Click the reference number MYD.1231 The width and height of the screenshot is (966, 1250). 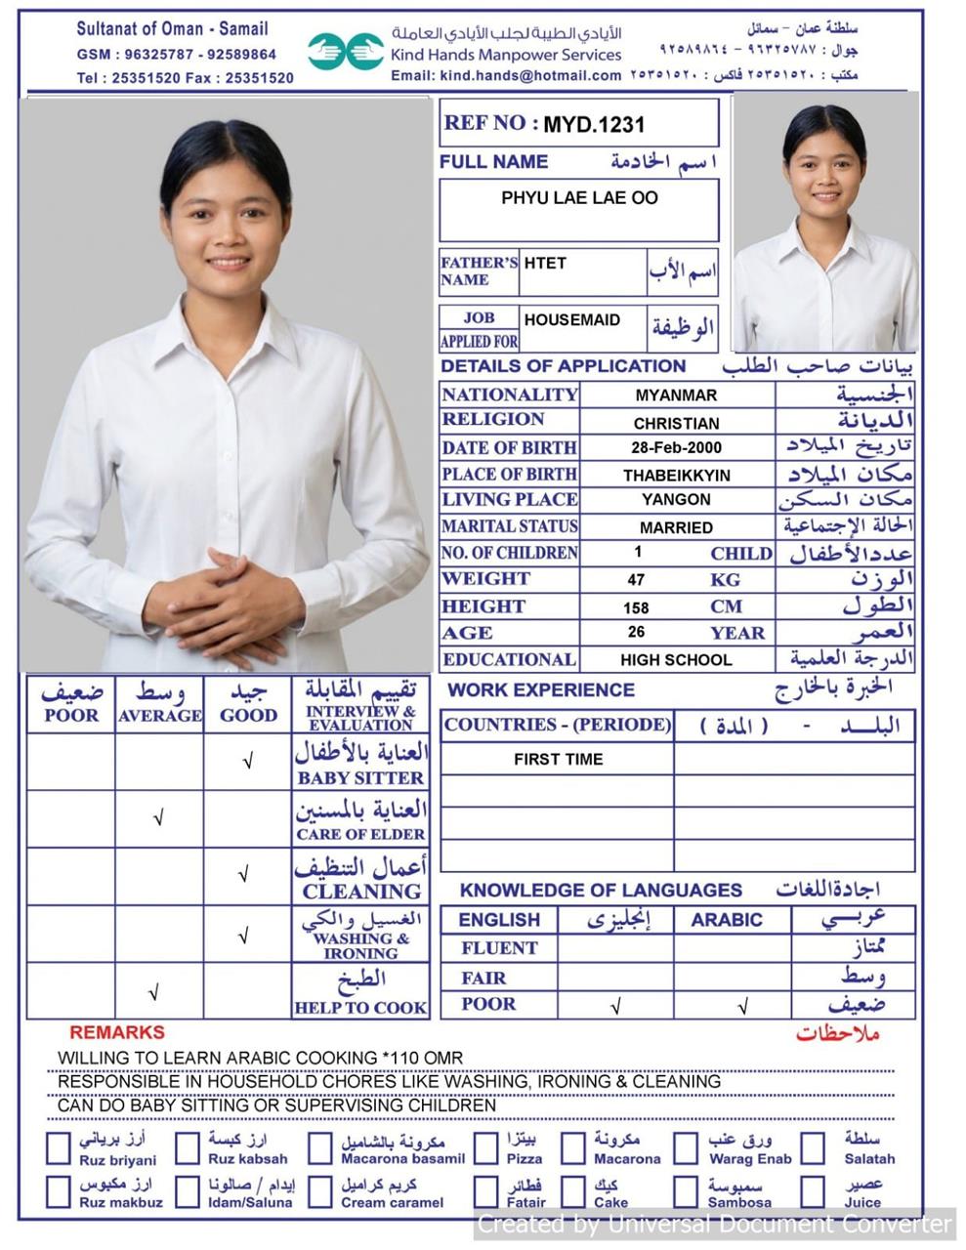tap(594, 125)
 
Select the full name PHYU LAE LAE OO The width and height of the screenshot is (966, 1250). tap(579, 198)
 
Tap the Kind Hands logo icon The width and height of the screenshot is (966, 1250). tap(346, 50)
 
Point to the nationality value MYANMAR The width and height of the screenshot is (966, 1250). tap(676, 396)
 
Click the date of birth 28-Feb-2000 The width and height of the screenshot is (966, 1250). tap(676, 448)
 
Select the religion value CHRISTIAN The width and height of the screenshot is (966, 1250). tap(676, 424)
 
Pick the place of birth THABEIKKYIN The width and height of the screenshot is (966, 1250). tap(676, 476)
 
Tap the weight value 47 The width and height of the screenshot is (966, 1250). tap(636, 580)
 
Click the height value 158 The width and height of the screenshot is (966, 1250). tap(636, 607)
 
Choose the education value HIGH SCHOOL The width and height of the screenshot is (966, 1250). tap(676, 660)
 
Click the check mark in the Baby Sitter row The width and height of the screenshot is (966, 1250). tap(248, 762)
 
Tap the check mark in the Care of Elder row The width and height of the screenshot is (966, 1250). tap(158, 818)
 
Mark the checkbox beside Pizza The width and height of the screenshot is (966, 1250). tap(485, 1148)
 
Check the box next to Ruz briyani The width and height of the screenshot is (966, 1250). tap(59, 1148)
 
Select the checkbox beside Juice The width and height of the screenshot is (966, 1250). tap(813, 1192)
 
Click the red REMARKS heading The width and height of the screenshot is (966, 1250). tap(117, 1032)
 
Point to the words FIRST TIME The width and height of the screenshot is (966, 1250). tap(558, 760)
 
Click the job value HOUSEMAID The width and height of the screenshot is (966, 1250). tap(571, 320)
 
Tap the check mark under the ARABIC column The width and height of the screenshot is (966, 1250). tap(742, 1006)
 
